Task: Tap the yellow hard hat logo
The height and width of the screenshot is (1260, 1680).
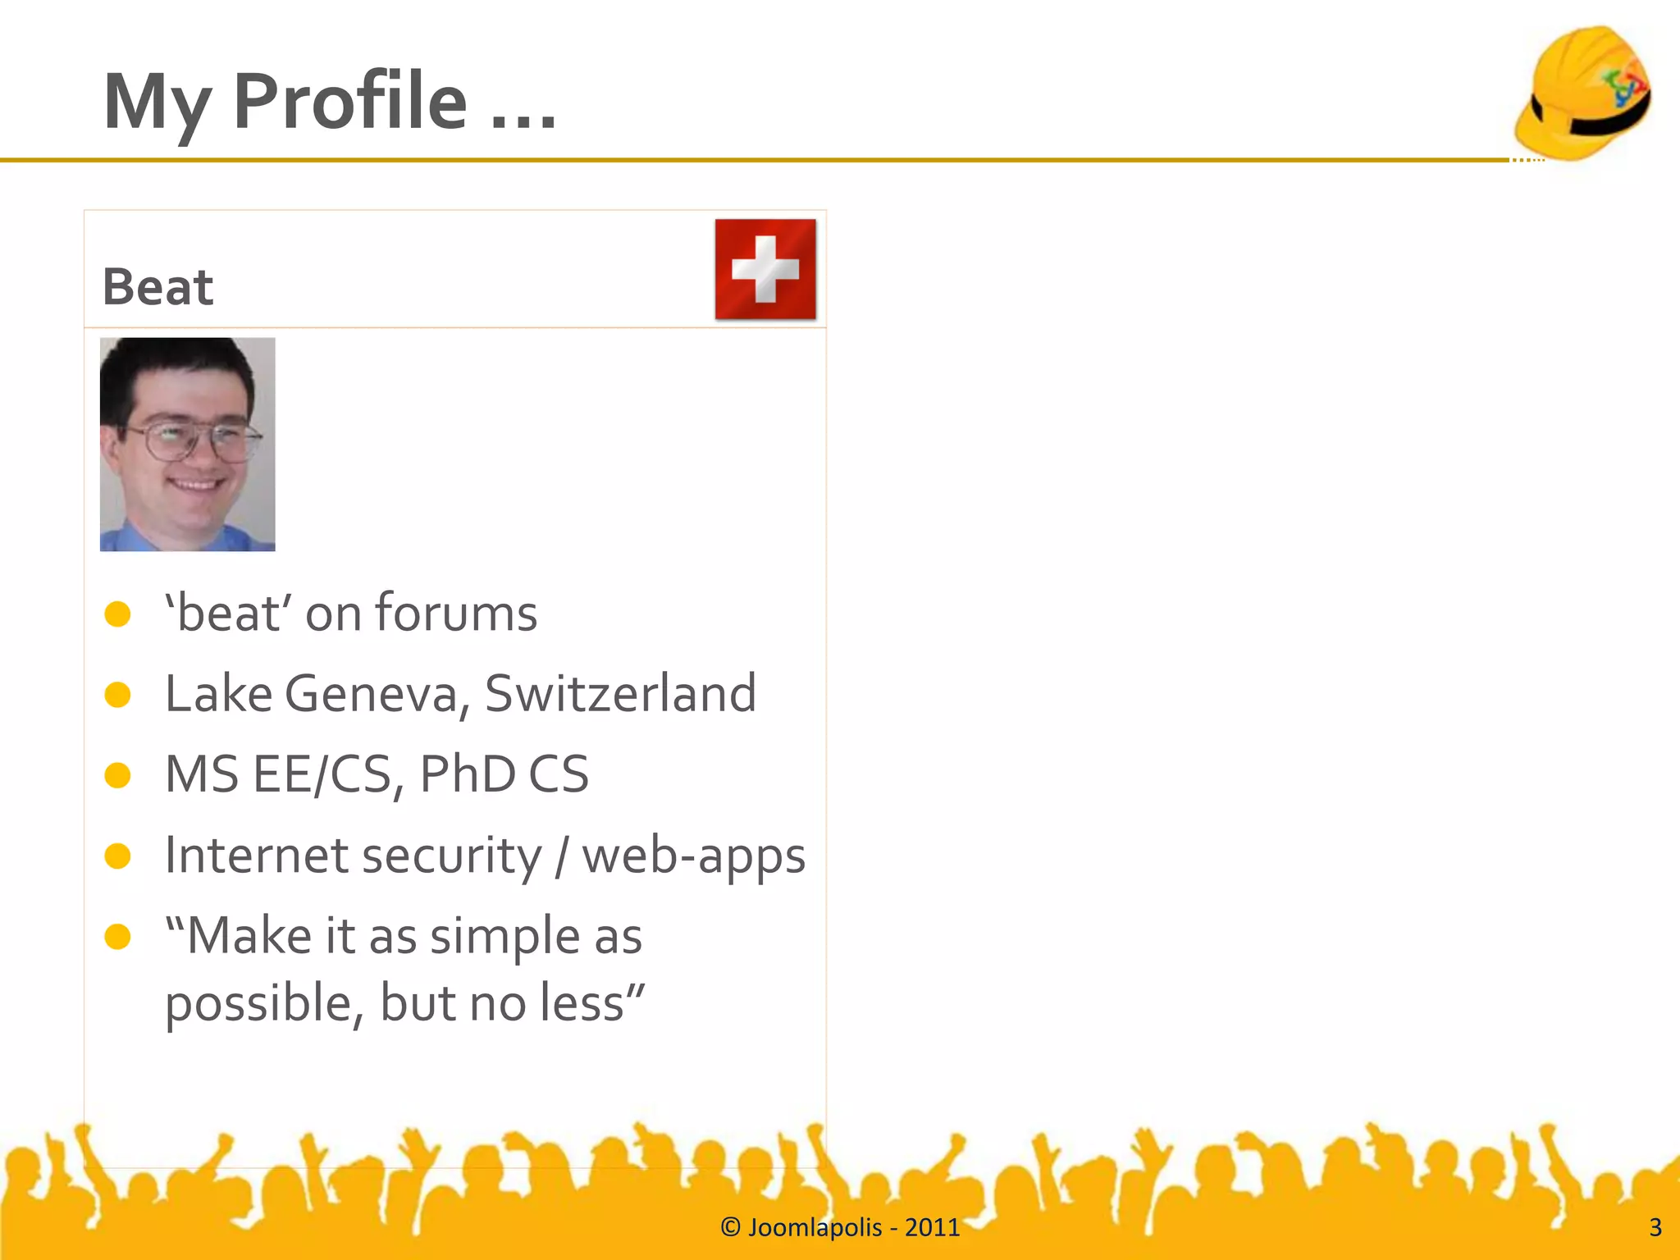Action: [1582, 93]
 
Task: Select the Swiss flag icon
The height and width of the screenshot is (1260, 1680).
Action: [765, 269]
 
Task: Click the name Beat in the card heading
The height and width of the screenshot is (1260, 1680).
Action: [157, 287]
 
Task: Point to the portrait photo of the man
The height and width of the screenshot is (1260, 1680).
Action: [187, 444]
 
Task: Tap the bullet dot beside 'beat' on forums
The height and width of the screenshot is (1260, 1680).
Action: [118, 614]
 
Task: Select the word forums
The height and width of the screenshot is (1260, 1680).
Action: [456, 614]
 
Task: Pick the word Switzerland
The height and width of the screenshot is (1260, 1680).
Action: [620, 694]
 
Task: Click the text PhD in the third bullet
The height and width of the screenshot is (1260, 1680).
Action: [468, 774]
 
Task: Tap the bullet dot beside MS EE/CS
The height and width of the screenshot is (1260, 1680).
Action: [118, 775]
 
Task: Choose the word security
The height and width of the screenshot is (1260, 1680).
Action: [451, 856]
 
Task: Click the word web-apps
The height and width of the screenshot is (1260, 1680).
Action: [693, 856]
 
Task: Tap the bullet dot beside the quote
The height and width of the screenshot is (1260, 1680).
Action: [118, 936]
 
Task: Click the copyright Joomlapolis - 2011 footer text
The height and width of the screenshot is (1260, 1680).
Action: [840, 1227]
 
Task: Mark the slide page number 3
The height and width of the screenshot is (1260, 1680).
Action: [1655, 1227]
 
